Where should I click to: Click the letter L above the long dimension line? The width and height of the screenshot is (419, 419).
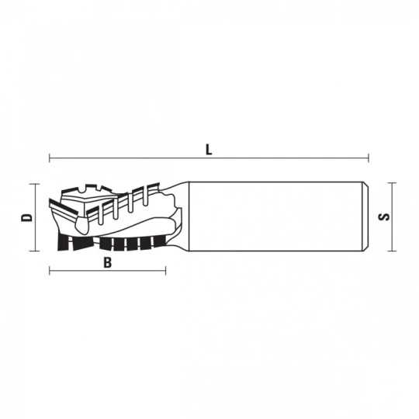pos(209,150)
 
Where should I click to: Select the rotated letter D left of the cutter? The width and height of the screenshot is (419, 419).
pos(26,217)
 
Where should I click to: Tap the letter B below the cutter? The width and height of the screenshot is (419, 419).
pos(107,262)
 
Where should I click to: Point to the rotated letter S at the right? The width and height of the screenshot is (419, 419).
pos(384,216)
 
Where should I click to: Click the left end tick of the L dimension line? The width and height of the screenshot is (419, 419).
pos(50,158)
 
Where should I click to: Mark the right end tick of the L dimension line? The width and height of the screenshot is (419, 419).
pos(369,158)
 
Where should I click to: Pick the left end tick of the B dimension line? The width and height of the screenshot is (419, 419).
pos(50,271)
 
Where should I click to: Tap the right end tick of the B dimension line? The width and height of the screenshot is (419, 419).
pos(166,271)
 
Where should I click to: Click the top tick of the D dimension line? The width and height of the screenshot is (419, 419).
pos(34,184)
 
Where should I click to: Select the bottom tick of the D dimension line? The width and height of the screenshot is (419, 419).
pos(34,251)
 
